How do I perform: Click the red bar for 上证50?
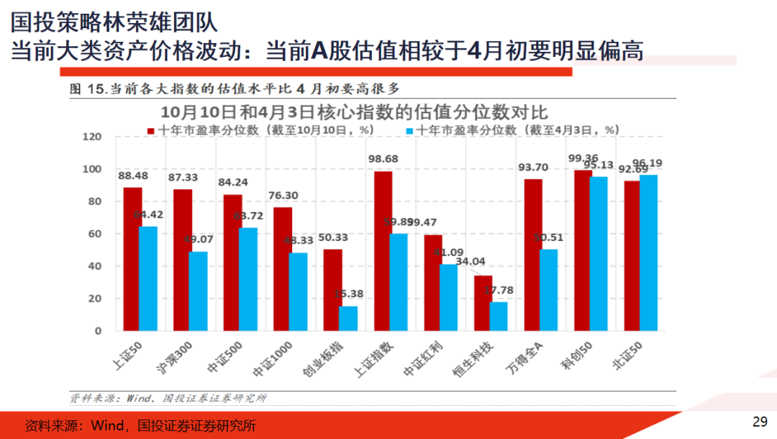coord(132,259)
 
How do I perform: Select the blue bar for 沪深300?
coord(198,291)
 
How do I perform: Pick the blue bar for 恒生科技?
coord(499,316)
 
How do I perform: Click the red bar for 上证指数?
coord(383,251)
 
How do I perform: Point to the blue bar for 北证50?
coord(649,253)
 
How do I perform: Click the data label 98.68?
coord(383,158)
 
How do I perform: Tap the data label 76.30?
coord(283,194)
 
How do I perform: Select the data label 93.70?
coord(533,167)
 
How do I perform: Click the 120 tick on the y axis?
coord(93,137)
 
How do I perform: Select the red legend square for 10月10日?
coord(151,130)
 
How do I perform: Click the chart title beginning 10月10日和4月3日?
coord(354,112)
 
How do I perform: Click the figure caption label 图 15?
coord(86,89)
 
